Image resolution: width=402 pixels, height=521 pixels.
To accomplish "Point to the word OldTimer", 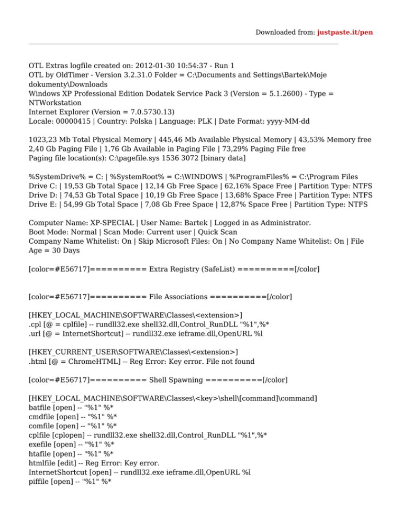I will (65, 75).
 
